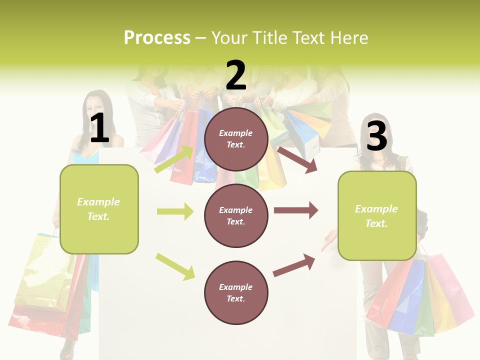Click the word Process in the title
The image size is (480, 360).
157,37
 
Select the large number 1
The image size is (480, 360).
99,128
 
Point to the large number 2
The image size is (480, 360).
236,75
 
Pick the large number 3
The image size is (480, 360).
376,136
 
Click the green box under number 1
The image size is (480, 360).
99,209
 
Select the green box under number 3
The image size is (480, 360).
377,216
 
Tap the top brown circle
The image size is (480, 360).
236,139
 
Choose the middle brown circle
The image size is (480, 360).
236,215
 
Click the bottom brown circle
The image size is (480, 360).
236,292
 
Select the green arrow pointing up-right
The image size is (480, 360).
174,159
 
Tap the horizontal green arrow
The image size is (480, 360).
175,211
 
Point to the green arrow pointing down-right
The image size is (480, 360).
175,266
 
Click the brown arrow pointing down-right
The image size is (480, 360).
297,159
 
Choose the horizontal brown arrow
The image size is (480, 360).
296,210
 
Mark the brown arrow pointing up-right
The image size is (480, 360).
294,265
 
